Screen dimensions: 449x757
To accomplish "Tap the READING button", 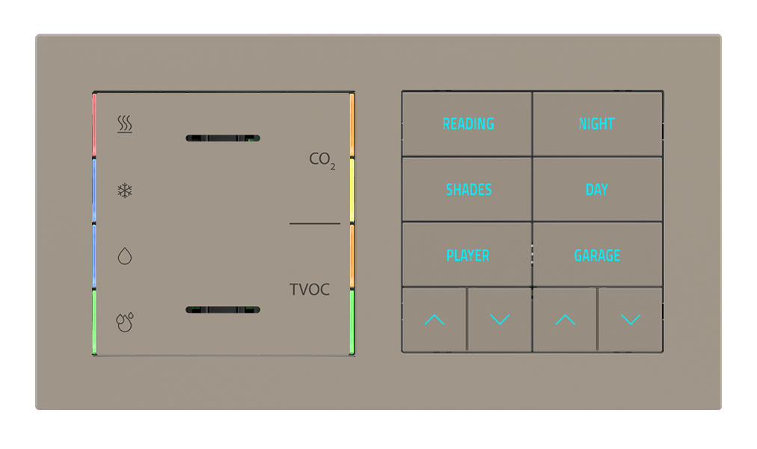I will click(x=468, y=124).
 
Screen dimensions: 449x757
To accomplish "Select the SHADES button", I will click(x=468, y=190).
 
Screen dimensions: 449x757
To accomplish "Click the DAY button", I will click(x=596, y=190).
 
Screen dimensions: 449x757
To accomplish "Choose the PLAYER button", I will click(x=468, y=256).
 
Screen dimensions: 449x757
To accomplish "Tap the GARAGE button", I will click(x=597, y=256).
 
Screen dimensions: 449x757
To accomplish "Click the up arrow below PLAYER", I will click(x=434, y=320).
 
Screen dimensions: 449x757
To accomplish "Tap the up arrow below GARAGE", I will click(x=565, y=320).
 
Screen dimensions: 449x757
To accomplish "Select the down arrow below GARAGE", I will click(x=631, y=320).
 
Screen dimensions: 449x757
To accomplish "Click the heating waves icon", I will click(x=125, y=124).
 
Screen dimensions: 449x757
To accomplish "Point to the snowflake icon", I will click(x=125, y=190).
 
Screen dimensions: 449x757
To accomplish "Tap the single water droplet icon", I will click(x=125, y=257).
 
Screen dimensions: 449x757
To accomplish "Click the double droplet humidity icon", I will click(x=125, y=322).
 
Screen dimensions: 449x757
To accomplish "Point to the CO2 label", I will click(x=322, y=160).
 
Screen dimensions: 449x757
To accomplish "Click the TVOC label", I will click(x=310, y=290).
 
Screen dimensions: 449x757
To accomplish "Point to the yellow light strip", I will click(x=352, y=191).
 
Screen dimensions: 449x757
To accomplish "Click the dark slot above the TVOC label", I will click(x=223, y=138).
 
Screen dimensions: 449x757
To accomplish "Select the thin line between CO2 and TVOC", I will click(x=314, y=224).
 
